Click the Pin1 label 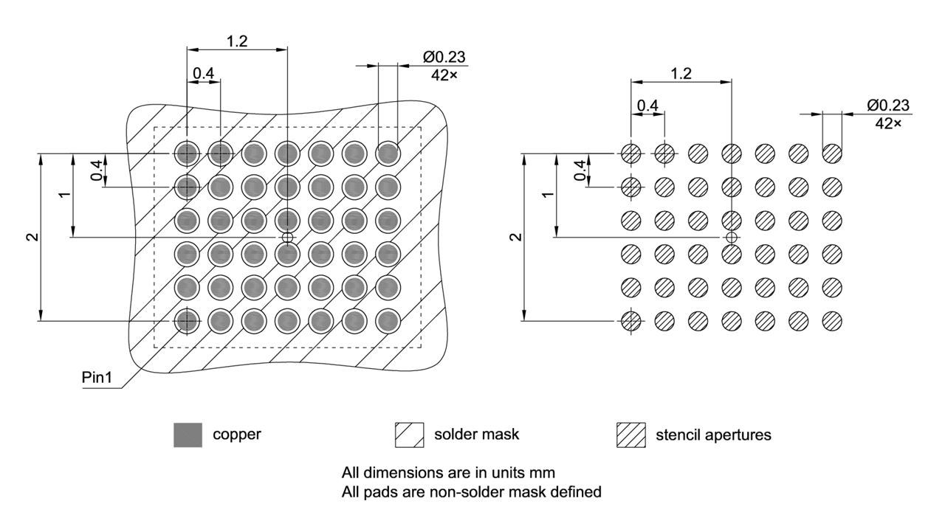tap(96, 378)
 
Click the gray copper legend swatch tap(188, 435)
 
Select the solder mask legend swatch tap(409, 435)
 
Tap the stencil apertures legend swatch tap(630, 435)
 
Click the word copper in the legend tap(237, 435)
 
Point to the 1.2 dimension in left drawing tap(236, 41)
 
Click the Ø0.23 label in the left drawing tap(444, 58)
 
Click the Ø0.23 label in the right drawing tap(887, 106)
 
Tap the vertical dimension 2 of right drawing tap(515, 237)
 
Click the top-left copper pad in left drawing tap(188, 153)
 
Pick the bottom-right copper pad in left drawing tap(388, 320)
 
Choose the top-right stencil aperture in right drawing tap(832, 153)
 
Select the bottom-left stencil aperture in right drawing tap(630, 320)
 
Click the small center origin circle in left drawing tap(287, 237)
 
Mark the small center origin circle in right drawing tap(731, 237)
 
